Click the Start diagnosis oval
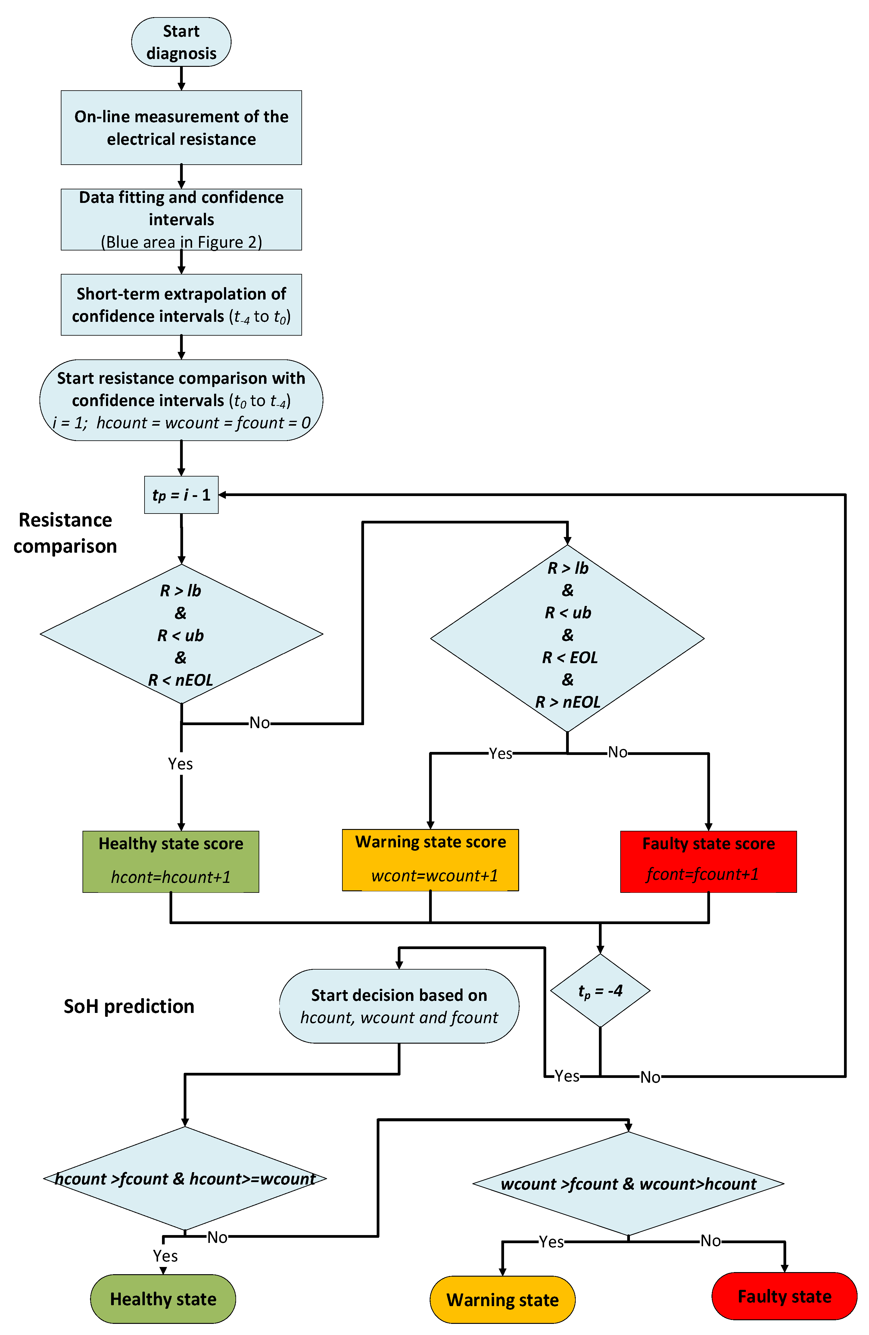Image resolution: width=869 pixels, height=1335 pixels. click(181, 42)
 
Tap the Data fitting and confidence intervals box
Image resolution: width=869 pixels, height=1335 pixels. click(181, 219)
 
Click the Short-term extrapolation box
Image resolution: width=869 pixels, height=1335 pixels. click(181, 305)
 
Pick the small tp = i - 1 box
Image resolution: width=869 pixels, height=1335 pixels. click(181, 495)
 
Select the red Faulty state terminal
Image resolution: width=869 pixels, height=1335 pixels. click(784, 1296)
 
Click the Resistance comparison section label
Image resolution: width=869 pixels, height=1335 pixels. click(65, 533)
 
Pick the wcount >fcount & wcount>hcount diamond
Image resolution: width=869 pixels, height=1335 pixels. click(628, 1184)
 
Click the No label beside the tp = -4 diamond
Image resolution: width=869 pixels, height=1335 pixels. click(650, 1077)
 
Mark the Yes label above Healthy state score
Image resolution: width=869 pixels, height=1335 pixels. click(180, 764)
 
